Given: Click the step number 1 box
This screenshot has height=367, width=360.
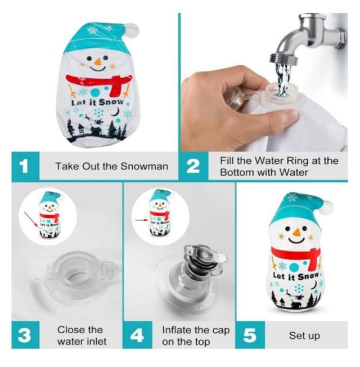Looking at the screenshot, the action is [25, 167].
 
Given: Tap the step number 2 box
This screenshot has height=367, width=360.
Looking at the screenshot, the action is [193, 167].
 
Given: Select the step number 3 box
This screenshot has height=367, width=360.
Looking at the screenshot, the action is [25, 335].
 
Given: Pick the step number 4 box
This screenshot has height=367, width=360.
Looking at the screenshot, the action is [137, 335].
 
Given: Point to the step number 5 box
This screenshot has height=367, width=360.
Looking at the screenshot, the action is [250, 335].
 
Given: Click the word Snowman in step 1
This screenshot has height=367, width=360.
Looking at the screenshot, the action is [145, 167].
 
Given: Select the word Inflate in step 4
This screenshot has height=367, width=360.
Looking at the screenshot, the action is [176, 330].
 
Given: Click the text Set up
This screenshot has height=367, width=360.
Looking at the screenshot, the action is [304, 335].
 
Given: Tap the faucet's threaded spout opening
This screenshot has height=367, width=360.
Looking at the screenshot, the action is [285, 60].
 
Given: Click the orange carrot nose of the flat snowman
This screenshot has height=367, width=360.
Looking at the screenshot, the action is [98, 61].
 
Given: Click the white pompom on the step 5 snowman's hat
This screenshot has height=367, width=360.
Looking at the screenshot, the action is [327, 207].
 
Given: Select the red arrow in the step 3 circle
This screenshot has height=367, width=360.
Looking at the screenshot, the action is [31, 220].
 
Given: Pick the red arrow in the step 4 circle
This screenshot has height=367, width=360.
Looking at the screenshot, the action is [142, 220].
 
